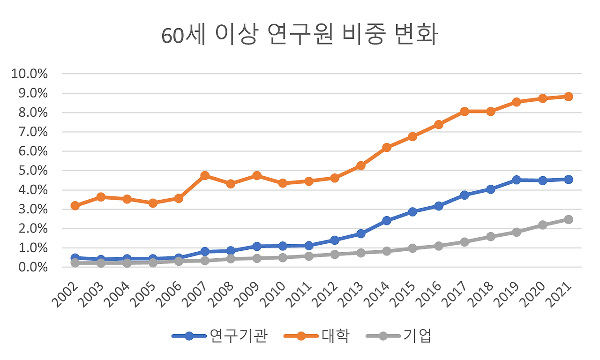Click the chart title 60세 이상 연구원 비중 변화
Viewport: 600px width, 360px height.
[x=300, y=36]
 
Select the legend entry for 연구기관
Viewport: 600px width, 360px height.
[x=220, y=336]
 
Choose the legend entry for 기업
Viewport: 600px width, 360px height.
[x=399, y=336]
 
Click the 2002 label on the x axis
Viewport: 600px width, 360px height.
[x=66, y=294]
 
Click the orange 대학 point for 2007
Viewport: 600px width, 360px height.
[x=205, y=175]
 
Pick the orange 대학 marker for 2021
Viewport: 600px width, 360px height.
[x=569, y=97]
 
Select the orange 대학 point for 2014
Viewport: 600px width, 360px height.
[x=387, y=147]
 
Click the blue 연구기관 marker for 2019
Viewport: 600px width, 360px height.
[x=517, y=180]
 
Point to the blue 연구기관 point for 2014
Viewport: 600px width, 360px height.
[x=387, y=220]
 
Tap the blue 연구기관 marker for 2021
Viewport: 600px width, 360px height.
[x=569, y=179]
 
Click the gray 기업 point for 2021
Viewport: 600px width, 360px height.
[x=569, y=219]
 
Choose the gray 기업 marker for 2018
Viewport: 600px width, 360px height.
[x=491, y=237]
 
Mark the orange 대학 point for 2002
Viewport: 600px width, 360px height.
[x=75, y=205]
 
